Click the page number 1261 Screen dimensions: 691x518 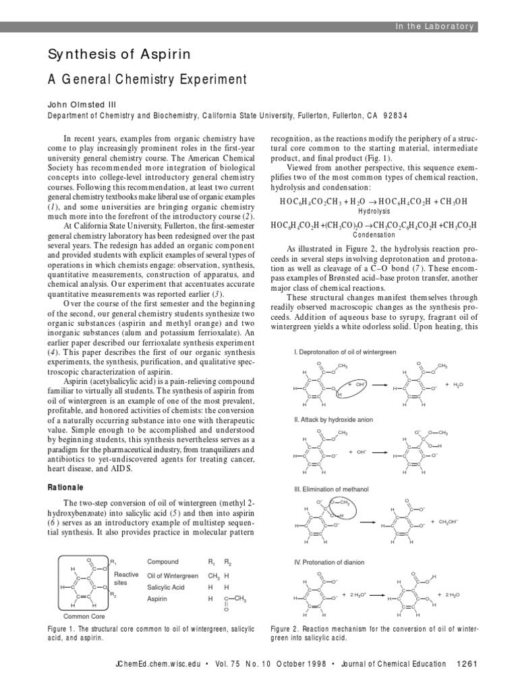pyautogui.click(x=466, y=663)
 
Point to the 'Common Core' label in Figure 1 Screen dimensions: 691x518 pyautogui.click(x=82, y=616)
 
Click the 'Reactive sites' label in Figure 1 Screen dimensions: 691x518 pyautogui.click(x=126, y=578)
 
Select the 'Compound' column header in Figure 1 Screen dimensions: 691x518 pyautogui.click(x=163, y=561)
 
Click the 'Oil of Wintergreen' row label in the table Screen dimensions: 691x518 pyautogui.click(x=173, y=576)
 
